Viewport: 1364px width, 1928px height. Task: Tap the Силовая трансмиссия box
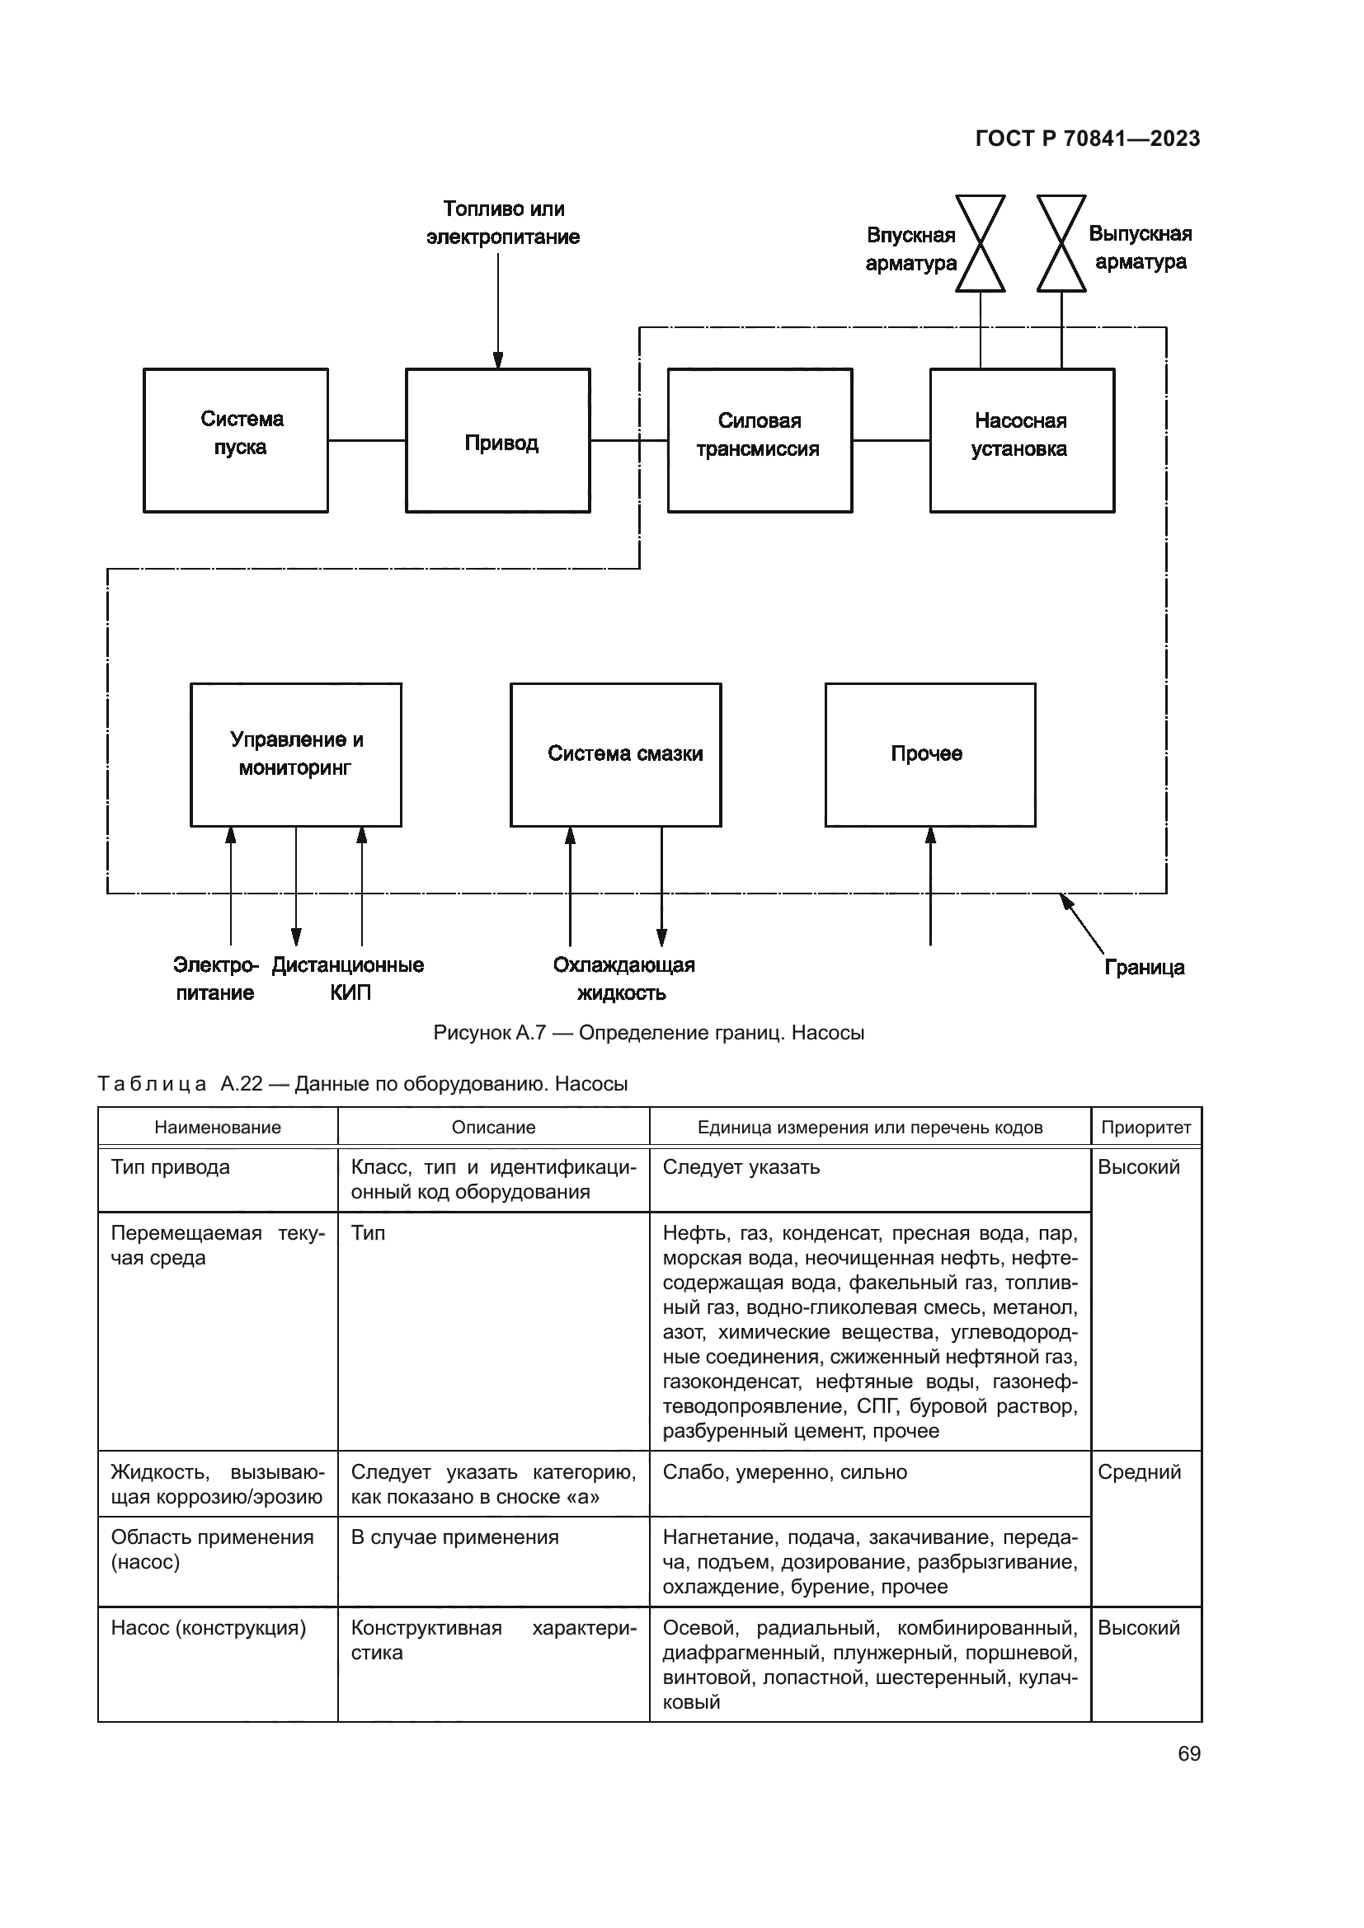(x=760, y=441)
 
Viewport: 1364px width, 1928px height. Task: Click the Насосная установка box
(x=1021, y=441)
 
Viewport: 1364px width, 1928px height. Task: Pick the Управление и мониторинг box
(x=296, y=754)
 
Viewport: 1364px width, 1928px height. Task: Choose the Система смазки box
(x=616, y=754)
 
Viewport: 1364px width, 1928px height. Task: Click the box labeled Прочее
(x=929, y=754)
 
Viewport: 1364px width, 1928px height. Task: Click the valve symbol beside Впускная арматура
(x=981, y=243)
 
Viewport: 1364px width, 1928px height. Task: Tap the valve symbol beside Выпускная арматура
(x=1061, y=243)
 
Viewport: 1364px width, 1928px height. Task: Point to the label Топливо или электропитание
(x=503, y=223)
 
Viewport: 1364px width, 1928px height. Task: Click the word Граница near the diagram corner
(x=1144, y=968)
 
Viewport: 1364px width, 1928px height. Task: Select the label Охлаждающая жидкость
(x=623, y=978)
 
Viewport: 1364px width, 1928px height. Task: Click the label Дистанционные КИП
(x=348, y=978)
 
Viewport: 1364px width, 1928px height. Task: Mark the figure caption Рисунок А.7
(x=648, y=1033)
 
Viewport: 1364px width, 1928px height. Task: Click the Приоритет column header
(x=1145, y=1128)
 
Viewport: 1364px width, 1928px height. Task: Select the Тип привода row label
(x=171, y=1167)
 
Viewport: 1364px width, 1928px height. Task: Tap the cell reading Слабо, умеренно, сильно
(x=784, y=1472)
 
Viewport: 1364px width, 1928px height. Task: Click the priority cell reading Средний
(x=1139, y=1472)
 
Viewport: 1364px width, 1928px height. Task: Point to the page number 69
(x=1188, y=1754)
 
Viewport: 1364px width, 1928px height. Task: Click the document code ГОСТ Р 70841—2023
(x=1088, y=138)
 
